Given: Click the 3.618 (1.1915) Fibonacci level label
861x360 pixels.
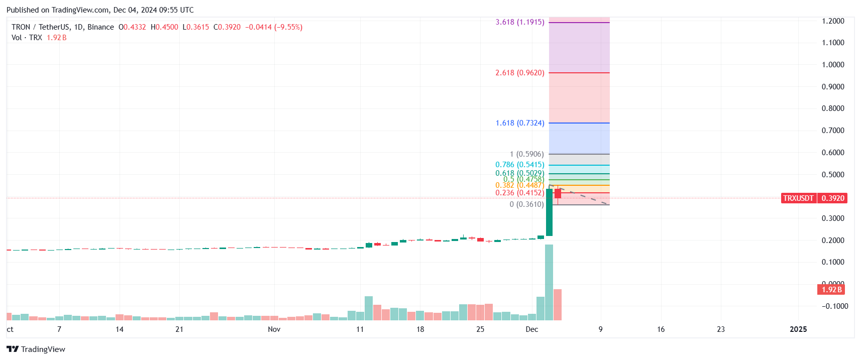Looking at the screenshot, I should [x=519, y=22].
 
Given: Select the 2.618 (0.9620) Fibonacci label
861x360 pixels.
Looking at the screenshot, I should [x=519, y=73].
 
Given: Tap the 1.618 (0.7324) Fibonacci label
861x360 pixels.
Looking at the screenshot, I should [x=519, y=123].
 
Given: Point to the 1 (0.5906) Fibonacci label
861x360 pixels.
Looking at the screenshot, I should [x=526, y=154].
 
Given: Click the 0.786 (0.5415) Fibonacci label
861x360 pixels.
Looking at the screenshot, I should [x=519, y=165].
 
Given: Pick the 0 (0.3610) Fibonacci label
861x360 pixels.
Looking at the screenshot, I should [x=526, y=204].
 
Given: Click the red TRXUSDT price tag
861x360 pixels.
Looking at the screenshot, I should [x=798, y=198].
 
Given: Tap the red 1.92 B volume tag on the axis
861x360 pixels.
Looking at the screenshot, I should [x=831, y=290].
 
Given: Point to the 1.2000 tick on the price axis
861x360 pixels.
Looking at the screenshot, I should [x=833, y=21].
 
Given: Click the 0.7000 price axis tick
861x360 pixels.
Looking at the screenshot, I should [x=833, y=131].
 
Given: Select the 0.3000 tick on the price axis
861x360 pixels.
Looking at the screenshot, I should [x=833, y=218].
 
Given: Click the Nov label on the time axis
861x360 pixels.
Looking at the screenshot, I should [x=274, y=329].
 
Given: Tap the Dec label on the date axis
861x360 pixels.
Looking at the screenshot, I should [x=531, y=329].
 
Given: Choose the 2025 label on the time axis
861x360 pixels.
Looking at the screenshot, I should [x=798, y=329].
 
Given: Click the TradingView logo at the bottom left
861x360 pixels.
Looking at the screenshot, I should [x=36, y=349].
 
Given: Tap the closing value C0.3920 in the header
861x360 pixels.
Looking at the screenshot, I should [x=227, y=27].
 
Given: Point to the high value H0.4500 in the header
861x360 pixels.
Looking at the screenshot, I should [x=164, y=27].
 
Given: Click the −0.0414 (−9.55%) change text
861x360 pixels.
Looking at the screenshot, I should [x=274, y=27].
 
